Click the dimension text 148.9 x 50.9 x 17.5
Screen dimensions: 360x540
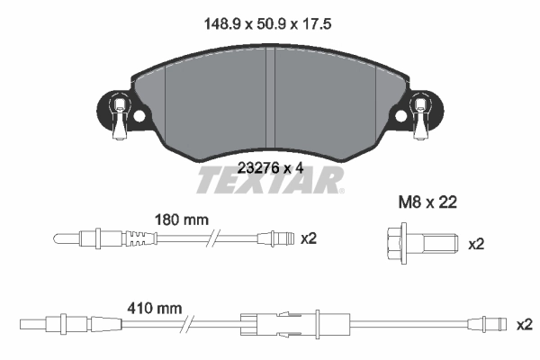click(x=269, y=27)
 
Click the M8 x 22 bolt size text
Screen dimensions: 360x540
click(x=427, y=203)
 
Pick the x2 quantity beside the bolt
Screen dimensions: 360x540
click(x=476, y=243)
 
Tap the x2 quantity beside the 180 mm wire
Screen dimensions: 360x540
click(x=309, y=238)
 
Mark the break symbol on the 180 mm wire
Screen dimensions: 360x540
click(x=211, y=239)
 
